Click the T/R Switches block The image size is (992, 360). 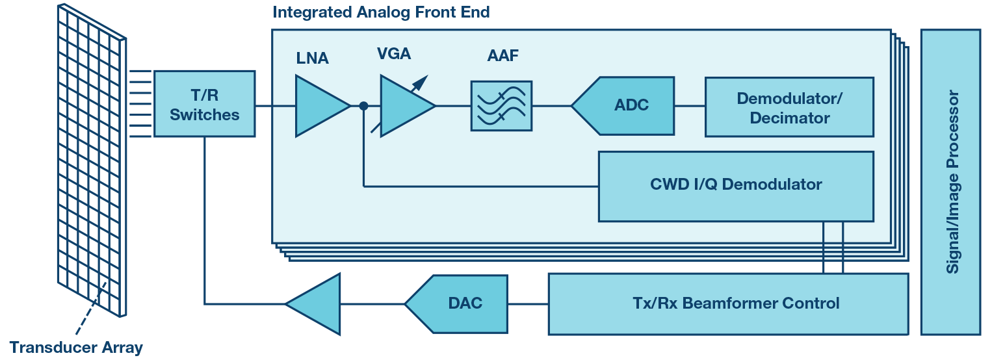[204, 104]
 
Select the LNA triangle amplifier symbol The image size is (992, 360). [319, 106]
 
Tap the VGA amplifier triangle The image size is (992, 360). [403, 106]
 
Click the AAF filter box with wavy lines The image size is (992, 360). [501, 106]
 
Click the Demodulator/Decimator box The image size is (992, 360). [789, 107]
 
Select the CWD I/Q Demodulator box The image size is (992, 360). [735, 186]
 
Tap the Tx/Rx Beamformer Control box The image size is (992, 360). [727, 303]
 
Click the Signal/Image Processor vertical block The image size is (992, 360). [950, 182]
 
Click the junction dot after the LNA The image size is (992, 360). [363, 106]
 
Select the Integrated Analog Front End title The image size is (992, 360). [381, 12]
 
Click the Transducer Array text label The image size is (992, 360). [75, 347]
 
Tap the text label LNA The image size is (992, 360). [312, 58]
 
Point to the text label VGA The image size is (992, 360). [394, 54]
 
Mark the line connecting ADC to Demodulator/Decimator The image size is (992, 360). [690, 106]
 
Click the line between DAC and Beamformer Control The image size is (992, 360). [527, 303]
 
